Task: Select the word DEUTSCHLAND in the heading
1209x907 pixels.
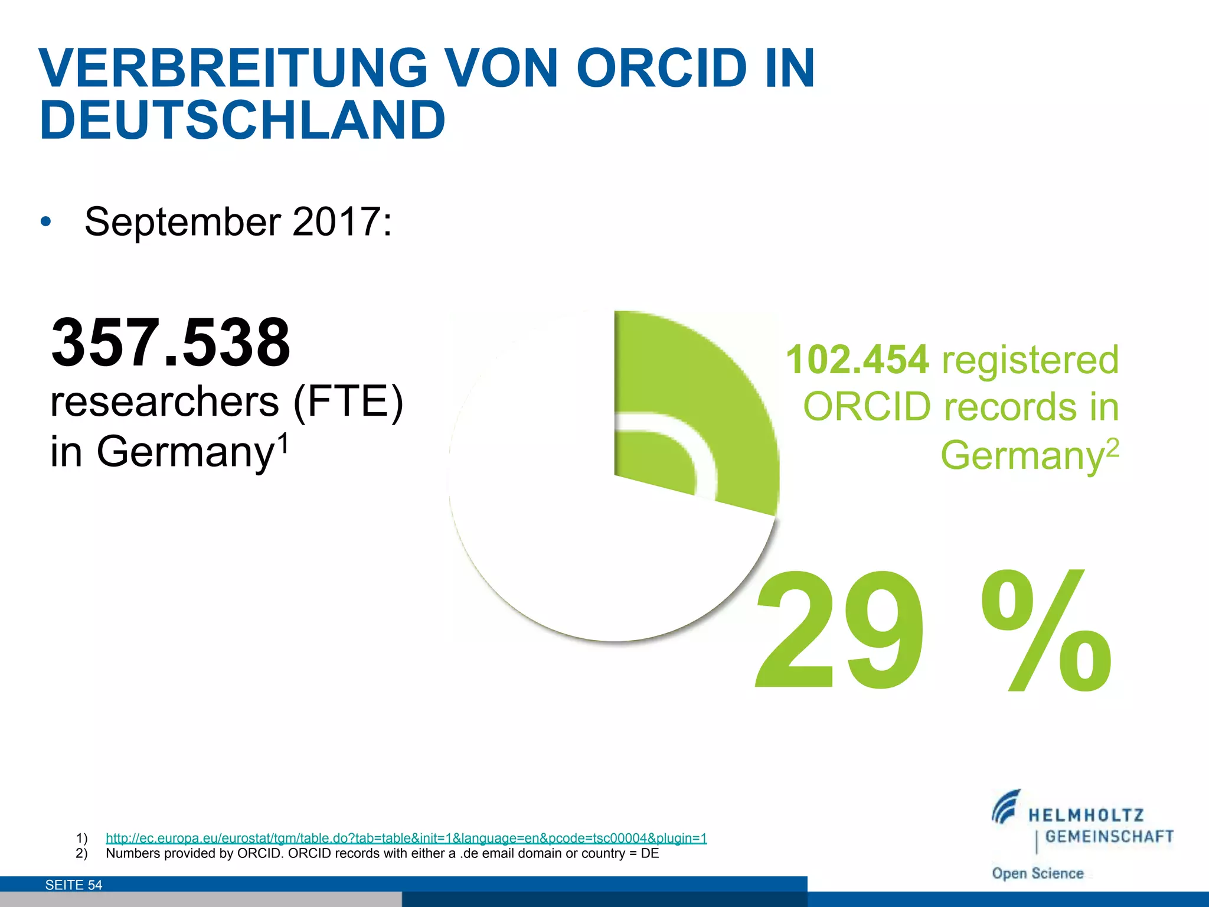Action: click(242, 120)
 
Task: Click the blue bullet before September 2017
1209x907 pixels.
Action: click(46, 223)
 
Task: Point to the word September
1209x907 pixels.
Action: click(183, 223)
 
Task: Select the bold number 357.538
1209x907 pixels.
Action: click(171, 342)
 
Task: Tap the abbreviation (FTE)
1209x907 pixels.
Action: click(348, 402)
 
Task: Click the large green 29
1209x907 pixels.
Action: click(838, 632)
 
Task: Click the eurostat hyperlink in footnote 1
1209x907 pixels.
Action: click(406, 838)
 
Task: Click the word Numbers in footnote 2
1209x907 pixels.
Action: click(130, 853)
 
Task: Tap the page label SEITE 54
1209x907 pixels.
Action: click(74, 885)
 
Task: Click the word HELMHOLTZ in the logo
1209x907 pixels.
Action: click(1086, 816)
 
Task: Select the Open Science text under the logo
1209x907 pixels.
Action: click(1037, 873)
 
